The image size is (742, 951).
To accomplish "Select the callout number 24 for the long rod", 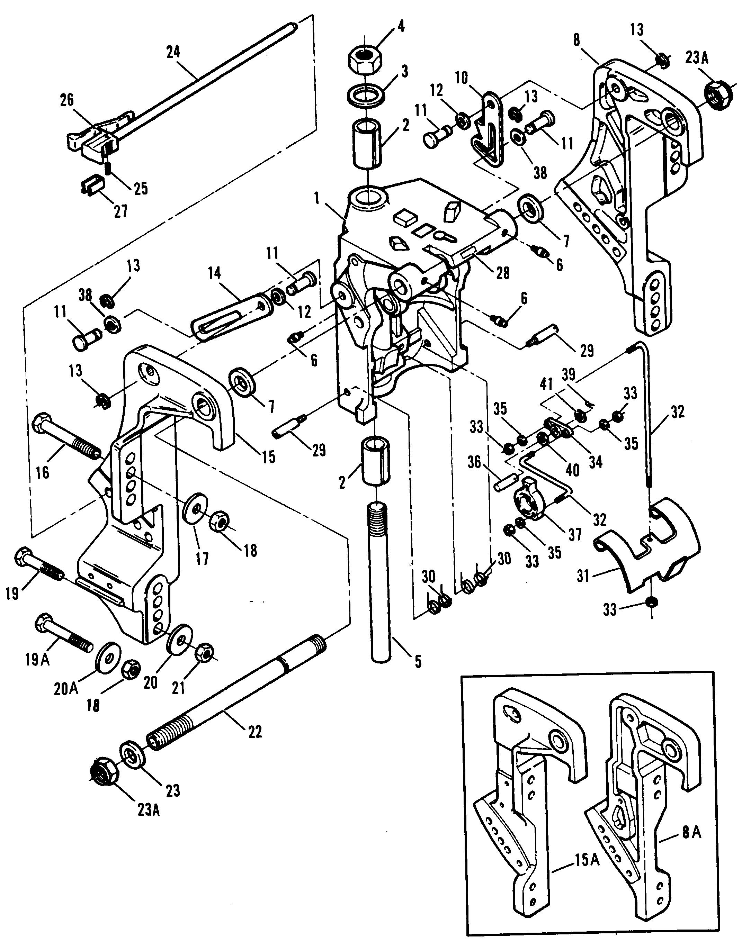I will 173,52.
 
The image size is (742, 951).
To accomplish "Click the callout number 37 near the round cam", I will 575,534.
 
